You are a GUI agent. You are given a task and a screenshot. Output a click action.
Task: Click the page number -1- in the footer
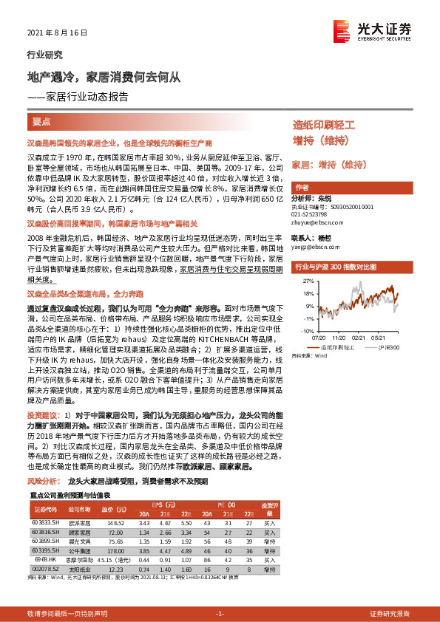point(219,614)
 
